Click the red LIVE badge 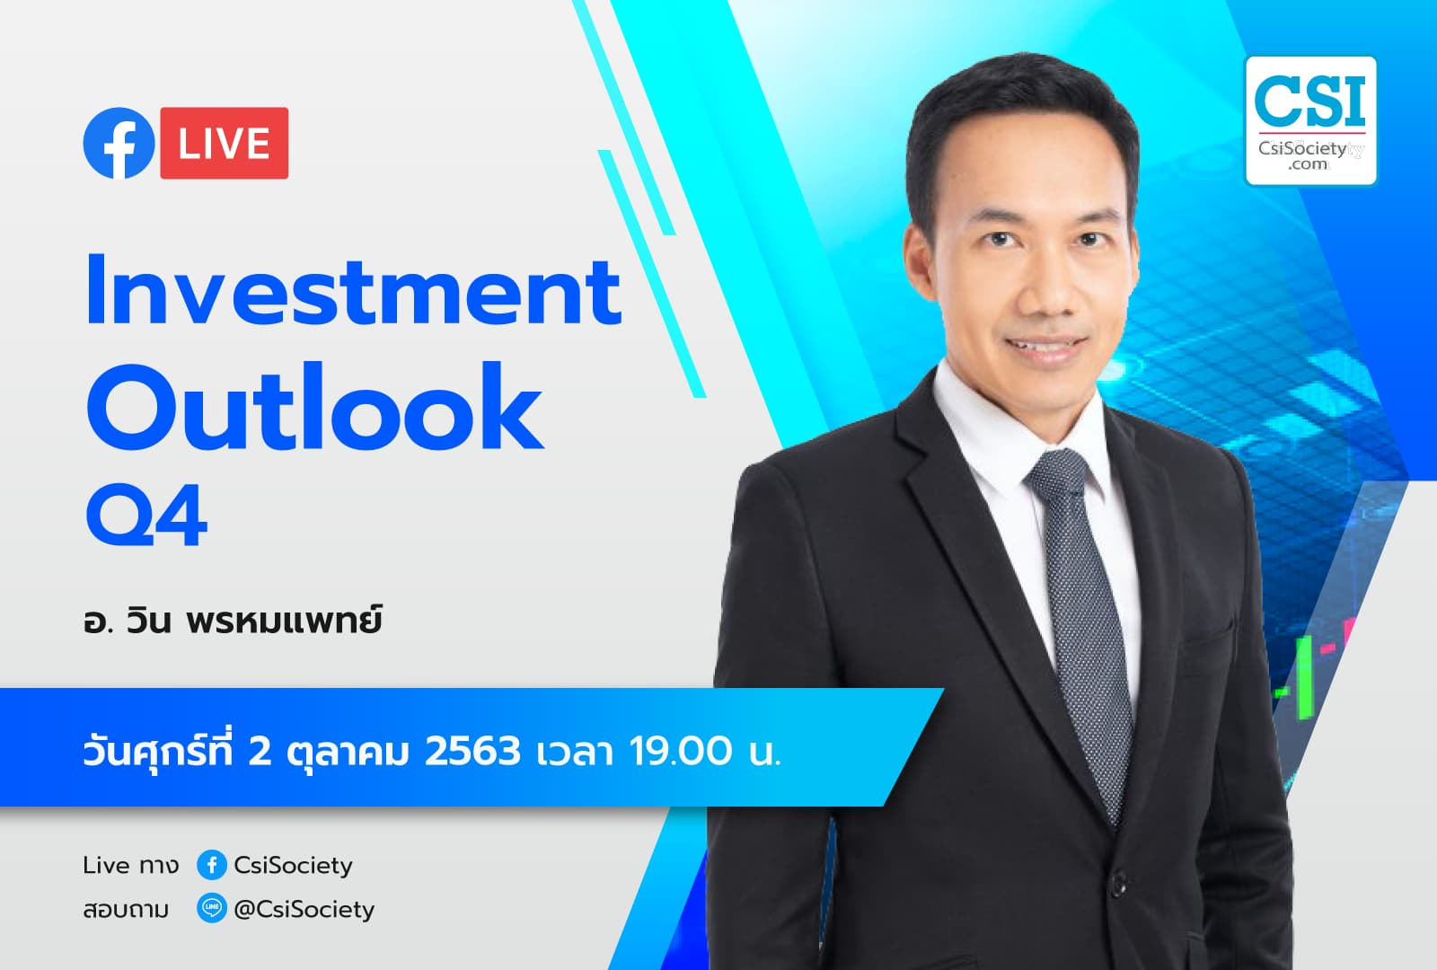(x=224, y=144)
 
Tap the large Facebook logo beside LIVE (x=119, y=144)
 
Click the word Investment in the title (x=353, y=291)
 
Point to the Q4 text (x=146, y=516)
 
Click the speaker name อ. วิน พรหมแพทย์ (x=232, y=621)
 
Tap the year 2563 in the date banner (x=472, y=751)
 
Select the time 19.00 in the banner (x=680, y=751)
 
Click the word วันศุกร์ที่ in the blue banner (x=159, y=751)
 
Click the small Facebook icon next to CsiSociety (x=212, y=865)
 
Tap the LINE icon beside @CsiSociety (x=212, y=909)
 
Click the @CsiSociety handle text (x=304, y=909)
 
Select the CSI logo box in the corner (x=1310, y=121)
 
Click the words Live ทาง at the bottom (x=130, y=865)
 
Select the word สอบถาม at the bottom (x=126, y=910)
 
